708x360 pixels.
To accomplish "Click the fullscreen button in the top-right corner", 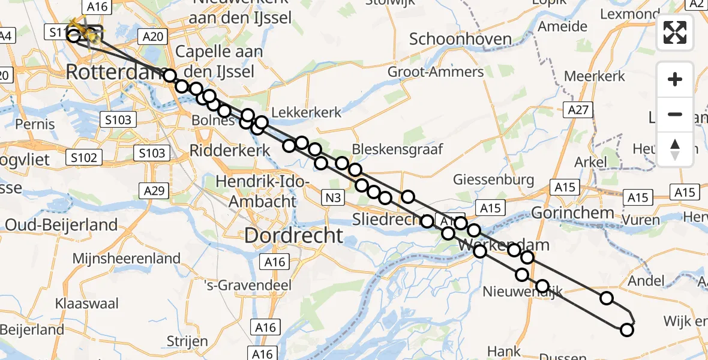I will (x=675, y=32).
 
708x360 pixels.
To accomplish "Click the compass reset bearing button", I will (x=675, y=149).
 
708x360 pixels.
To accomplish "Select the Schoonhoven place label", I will (x=460, y=40).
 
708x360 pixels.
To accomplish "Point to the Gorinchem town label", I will (x=572, y=212).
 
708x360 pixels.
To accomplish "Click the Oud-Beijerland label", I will (x=62, y=225).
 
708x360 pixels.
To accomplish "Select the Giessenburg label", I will (x=493, y=179).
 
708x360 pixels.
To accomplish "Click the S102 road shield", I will (x=83, y=158).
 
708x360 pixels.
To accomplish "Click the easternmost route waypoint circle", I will (x=627, y=329).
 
